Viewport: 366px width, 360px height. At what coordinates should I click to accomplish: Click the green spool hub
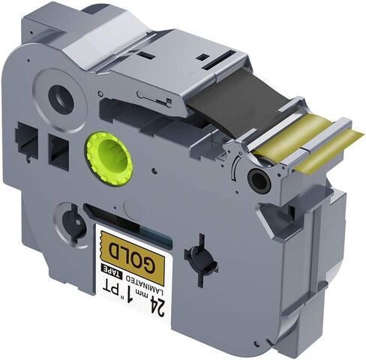tap(109, 159)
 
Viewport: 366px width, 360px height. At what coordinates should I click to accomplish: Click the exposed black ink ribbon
tap(238, 100)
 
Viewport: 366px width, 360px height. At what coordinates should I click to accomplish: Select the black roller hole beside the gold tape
tap(259, 180)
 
